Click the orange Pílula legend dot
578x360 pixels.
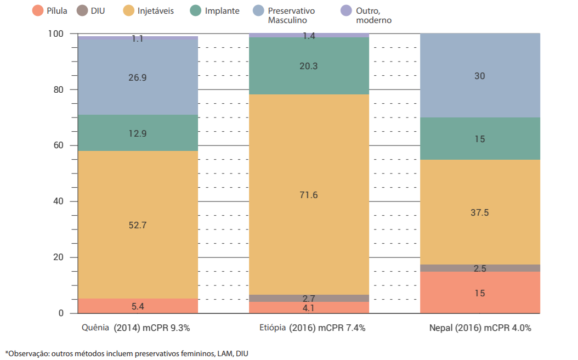point(37,11)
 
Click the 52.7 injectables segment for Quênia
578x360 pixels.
point(137,225)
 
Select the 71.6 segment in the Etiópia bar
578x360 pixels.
point(309,195)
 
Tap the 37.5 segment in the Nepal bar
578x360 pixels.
point(480,212)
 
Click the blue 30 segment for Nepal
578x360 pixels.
point(480,76)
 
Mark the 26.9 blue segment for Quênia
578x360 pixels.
point(137,77)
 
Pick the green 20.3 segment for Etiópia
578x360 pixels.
point(309,66)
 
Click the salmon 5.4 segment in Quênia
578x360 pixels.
point(137,306)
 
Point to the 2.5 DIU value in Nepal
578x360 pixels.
point(480,268)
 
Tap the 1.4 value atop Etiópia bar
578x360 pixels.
point(309,36)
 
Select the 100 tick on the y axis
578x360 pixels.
point(56,34)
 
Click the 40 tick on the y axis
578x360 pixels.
point(59,201)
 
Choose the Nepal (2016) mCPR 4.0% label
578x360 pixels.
point(480,328)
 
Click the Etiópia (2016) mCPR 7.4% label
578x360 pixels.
point(312,328)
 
